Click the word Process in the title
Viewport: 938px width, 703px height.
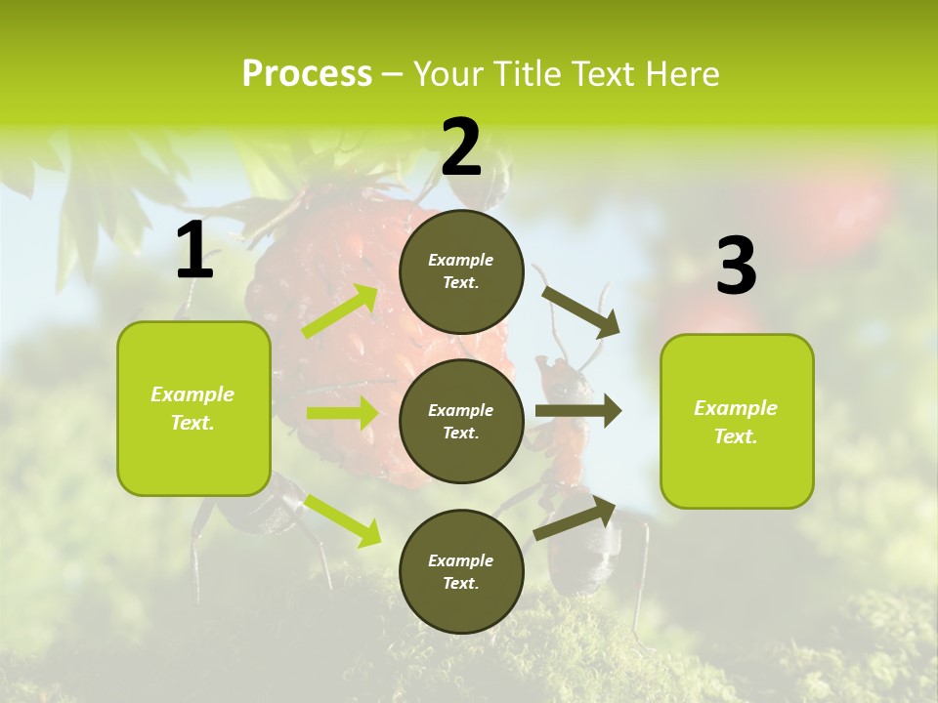(x=307, y=73)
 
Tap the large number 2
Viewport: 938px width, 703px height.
(x=461, y=146)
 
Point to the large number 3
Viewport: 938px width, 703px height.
(x=736, y=266)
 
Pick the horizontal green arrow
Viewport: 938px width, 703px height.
(x=341, y=413)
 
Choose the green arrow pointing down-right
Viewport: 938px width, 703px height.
(x=342, y=519)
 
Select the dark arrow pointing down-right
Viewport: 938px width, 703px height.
(x=581, y=311)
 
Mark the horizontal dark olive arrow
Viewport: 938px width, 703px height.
(x=578, y=411)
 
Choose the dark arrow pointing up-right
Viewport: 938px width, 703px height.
(x=575, y=518)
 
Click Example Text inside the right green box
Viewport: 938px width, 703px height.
(x=736, y=422)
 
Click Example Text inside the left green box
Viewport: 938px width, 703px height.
(x=192, y=408)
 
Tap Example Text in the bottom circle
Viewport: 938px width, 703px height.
(x=460, y=572)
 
